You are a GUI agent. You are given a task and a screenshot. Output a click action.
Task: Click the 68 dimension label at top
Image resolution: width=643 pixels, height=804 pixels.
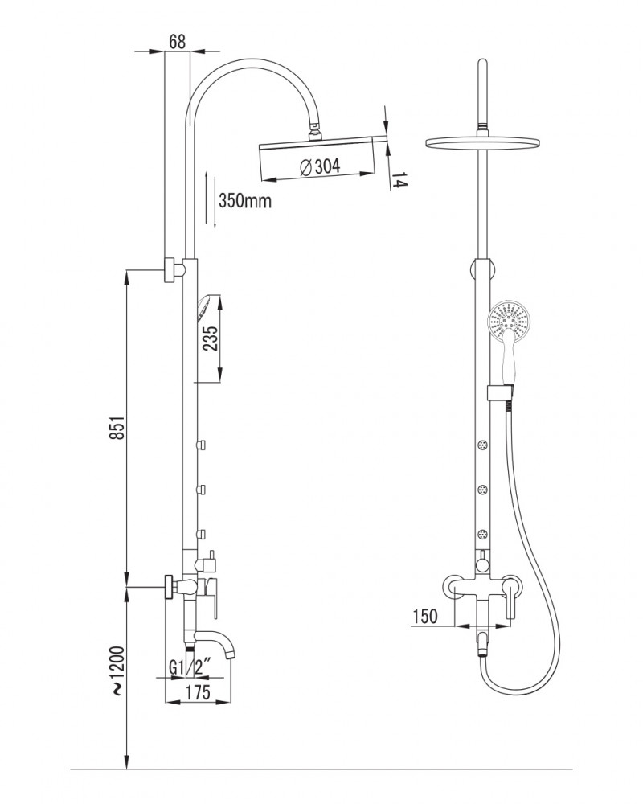[x=177, y=41]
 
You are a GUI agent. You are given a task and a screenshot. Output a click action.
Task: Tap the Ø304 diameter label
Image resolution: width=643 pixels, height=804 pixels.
[x=319, y=166]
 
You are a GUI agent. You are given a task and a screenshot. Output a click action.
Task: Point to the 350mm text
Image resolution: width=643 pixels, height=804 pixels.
[x=244, y=200]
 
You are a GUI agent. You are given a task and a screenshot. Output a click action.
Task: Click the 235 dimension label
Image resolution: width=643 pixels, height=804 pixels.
[x=211, y=338]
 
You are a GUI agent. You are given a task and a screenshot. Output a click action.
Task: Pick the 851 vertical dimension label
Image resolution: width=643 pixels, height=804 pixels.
[x=118, y=427]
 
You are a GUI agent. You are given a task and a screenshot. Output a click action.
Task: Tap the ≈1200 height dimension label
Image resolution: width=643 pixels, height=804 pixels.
[x=117, y=671]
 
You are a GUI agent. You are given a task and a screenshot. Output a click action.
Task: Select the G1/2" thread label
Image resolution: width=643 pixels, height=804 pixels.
[x=190, y=668]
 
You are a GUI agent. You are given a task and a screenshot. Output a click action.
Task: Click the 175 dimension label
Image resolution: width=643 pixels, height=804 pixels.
[x=197, y=691]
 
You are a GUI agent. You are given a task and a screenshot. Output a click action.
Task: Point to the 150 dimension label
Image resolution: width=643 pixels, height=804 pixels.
[x=425, y=616]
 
